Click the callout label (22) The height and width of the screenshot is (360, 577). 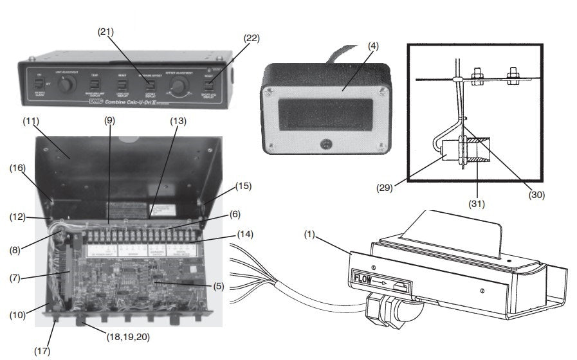[x=252, y=38]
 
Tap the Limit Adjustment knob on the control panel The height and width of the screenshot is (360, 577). [x=69, y=84]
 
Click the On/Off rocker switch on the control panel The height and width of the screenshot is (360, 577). [x=38, y=84]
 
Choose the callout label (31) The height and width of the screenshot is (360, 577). [x=477, y=204]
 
